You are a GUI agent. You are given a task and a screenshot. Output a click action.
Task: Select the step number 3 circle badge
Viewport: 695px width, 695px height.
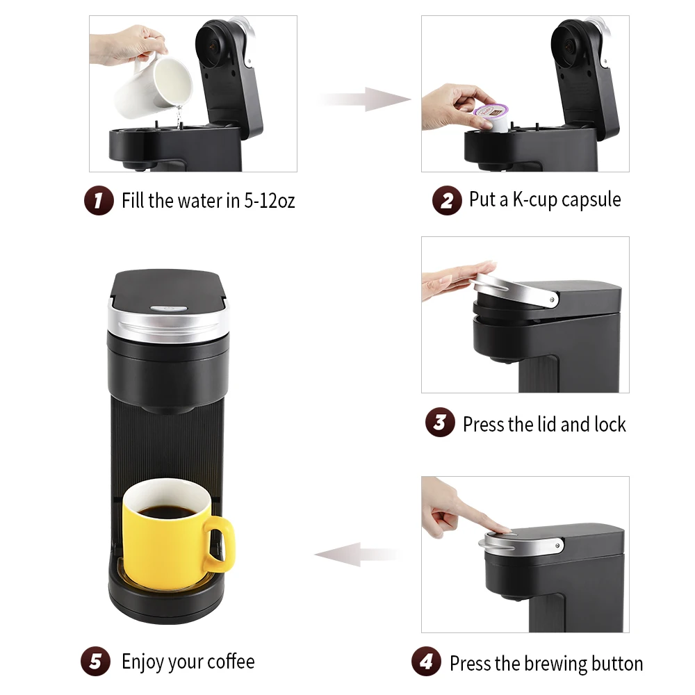tap(440, 423)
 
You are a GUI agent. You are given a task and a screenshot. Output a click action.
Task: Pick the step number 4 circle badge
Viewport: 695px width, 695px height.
tap(425, 662)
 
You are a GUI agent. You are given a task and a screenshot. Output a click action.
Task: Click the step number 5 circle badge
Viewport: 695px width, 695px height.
tap(95, 662)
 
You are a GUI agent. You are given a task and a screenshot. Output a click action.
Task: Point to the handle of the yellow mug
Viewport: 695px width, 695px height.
tap(221, 546)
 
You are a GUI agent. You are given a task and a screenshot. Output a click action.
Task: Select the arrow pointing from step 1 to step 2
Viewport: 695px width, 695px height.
tap(365, 99)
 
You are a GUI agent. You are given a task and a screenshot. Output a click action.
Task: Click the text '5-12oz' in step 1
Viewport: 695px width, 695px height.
tap(269, 202)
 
